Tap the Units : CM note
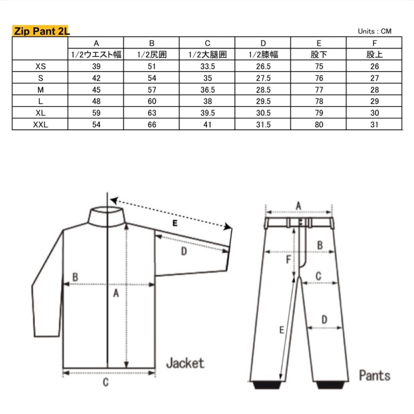375,31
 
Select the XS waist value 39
96,66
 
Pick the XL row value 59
96,113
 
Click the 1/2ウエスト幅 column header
96,55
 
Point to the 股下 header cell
319,55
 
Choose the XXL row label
41,125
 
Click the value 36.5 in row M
208,90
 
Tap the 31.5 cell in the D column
263,125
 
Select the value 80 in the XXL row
319,125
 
